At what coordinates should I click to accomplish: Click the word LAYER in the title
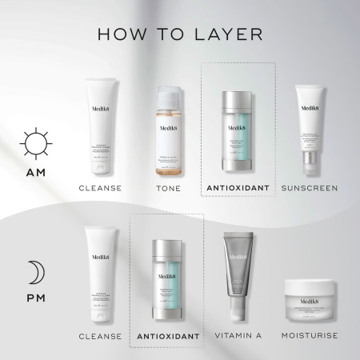pos(229,35)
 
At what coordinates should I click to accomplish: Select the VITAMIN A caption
pos(240,336)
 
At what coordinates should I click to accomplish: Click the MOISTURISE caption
pos(314,336)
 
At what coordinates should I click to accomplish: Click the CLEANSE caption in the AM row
pos(100,188)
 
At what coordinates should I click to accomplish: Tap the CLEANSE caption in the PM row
pos(100,336)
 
